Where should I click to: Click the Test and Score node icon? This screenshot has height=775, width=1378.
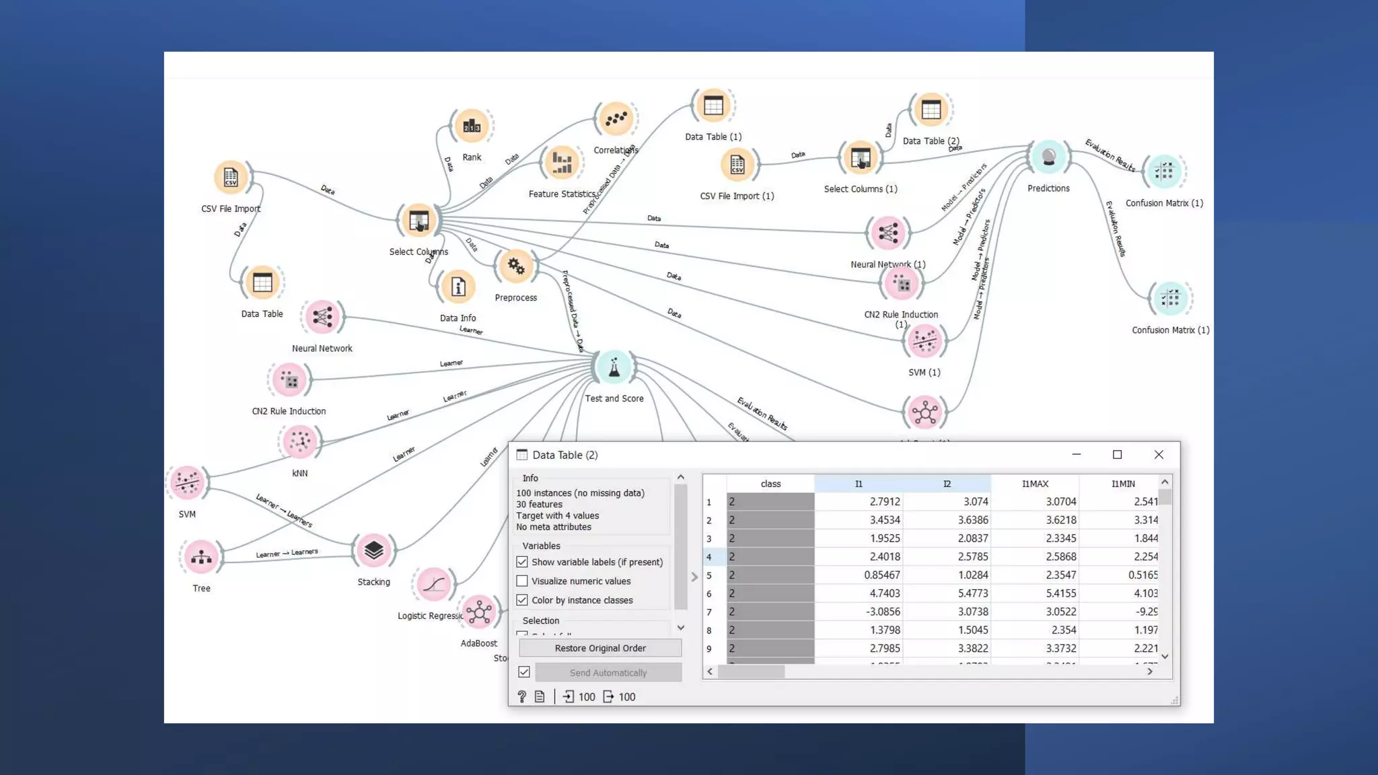(x=614, y=367)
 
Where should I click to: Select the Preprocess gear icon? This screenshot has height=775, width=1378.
(x=516, y=266)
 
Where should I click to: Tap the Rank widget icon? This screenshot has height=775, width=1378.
(x=472, y=126)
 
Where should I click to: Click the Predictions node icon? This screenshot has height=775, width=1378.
(x=1048, y=157)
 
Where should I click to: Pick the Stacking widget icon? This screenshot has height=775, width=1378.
(x=373, y=551)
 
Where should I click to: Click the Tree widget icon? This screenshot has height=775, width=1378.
(x=201, y=557)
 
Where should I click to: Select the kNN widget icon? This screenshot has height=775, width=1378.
(x=299, y=442)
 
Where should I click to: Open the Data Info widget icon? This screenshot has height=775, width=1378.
(x=458, y=287)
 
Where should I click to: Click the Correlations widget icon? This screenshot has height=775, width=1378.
(x=616, y=120)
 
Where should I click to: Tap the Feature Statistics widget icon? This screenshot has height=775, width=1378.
(x=561, y=162)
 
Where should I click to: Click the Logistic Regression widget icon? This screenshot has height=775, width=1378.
(x=433, y=584)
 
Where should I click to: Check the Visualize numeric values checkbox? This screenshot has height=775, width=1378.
(x=522, y=581)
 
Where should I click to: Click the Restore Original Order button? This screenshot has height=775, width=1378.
(x=600, y=648)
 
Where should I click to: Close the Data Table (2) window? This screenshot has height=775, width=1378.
(x=1158, y=455)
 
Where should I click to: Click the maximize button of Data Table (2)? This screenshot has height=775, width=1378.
(x=1117, y=455)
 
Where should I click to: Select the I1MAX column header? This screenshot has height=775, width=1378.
(x=1034, y=484)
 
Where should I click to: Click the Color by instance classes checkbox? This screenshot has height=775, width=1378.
(x=522, y=599)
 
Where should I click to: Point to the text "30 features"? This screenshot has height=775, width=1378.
(x=539, y=504)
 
